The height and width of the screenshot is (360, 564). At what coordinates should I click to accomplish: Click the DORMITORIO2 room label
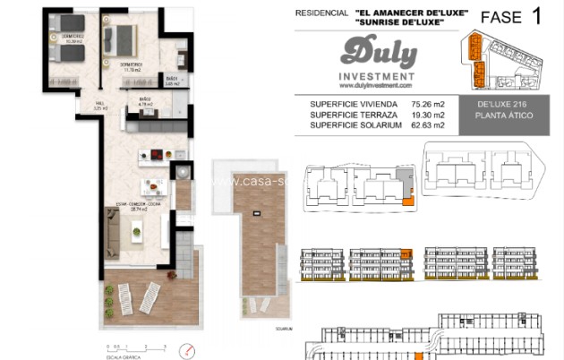(x=72, y=39)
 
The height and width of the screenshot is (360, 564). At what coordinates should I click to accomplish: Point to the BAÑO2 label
(x=146, y=101)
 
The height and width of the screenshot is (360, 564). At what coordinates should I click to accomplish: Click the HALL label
(x=88, y=106)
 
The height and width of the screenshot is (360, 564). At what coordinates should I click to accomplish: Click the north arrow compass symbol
(x=187, y=348)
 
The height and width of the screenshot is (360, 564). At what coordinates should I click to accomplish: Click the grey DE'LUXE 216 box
(x=508, y=110)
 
